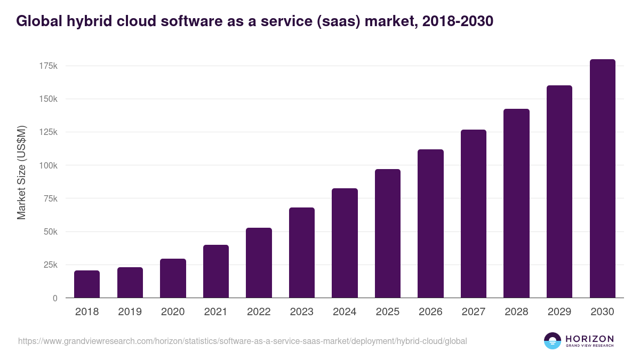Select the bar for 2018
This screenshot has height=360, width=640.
(x=87, y=284)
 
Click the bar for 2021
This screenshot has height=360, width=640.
(x=216, y=271)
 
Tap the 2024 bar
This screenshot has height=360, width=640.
(x=345, y=243)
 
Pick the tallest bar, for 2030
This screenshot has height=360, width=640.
(x=602, y=179)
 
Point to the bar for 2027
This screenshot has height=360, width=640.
(x=474, y=214)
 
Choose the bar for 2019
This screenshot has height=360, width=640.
(x=130, y=283)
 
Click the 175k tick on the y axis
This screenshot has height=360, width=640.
(x=47, y=66)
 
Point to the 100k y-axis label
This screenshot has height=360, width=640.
(x=47, y=165)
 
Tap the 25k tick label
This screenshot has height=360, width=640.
(x=50, y=265)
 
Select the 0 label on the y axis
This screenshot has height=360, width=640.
(x=54, y=298)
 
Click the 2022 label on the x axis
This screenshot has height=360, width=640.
(x=259, y=312)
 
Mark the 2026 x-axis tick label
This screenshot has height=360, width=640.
(x=430, y=312)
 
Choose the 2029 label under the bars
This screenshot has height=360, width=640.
(x=559, y=312)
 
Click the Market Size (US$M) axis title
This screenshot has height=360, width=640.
(x=21, y=173)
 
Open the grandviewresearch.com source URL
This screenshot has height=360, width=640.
(x=243, y=341)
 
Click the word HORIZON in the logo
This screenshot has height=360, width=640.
(x=589, y=339)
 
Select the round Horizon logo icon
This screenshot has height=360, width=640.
(x=553, y=341)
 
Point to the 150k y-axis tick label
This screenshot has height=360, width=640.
(x=47, y=99)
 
